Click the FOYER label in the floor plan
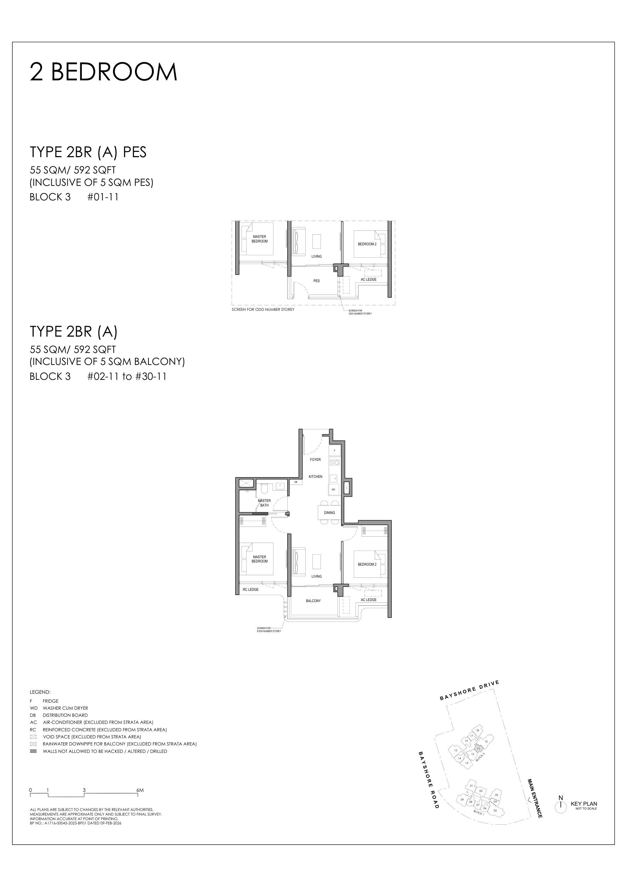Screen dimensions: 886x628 tap(315, 460)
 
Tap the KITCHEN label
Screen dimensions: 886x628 tap(315, 477)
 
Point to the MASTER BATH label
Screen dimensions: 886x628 tap(265, 503)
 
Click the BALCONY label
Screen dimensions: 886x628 tap(313, 601)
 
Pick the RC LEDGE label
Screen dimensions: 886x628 tap(250, 590)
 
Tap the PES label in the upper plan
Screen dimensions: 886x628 tap(316, 281)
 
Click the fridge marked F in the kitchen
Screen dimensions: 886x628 tap(334, 451)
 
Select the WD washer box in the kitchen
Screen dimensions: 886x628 tap(333, 490)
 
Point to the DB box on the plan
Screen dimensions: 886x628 tap(296, 482)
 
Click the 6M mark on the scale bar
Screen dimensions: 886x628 tap(140, 790)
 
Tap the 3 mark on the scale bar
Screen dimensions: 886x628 tap(84, 790)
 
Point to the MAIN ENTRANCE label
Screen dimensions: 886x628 tap(535, 798)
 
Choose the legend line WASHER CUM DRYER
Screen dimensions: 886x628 tap(66, 708)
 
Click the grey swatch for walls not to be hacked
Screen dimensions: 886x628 tap(33, 751)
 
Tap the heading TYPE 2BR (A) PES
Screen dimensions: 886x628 tap(88, 152)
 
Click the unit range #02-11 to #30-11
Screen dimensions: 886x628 tap(127, 376)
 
